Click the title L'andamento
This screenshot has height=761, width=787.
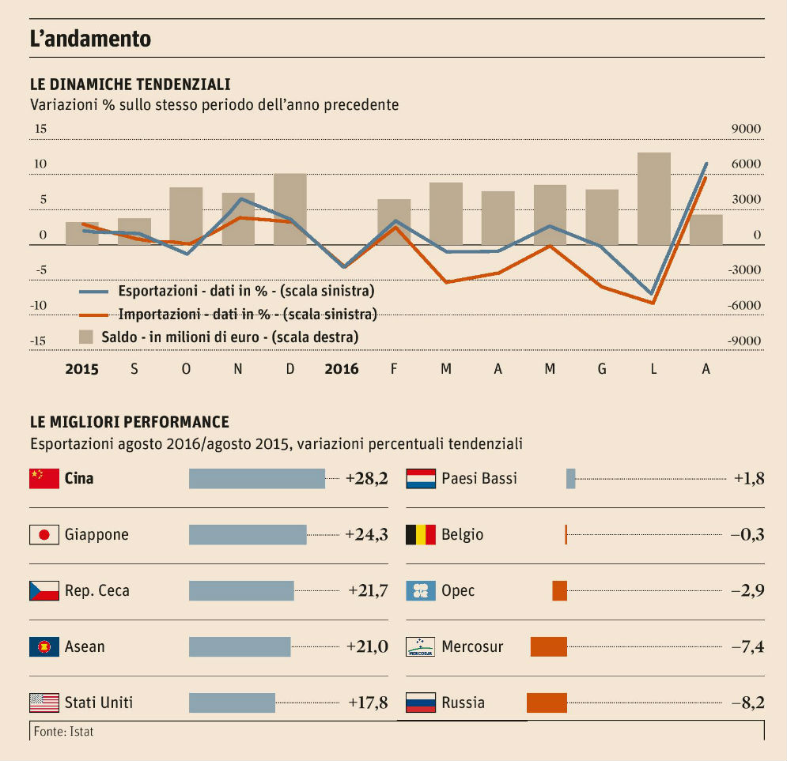(90, 39)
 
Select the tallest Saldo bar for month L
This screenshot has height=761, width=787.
(654, 198)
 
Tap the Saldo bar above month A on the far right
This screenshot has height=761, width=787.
(706, 229)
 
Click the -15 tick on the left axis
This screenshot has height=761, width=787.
(39, 341)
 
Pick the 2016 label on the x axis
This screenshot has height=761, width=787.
(342, 369)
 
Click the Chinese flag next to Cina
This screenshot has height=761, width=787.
(44, 478)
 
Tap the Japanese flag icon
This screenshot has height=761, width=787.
(44, 535)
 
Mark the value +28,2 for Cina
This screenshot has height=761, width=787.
(367, 478)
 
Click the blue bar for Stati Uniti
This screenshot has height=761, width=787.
(232, 703)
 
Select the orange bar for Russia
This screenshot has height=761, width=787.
(547, 703)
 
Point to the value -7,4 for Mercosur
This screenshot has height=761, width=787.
(747, 647)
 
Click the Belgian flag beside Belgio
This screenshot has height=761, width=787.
(421, 535)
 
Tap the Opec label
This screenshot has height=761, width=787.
(458, 591)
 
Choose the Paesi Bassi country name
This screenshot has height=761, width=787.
(479, 478)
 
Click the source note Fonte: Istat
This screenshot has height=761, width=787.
(64, 732)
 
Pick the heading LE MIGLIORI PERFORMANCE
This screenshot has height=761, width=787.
(130, 422)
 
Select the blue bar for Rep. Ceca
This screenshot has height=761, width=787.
(241, 591)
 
